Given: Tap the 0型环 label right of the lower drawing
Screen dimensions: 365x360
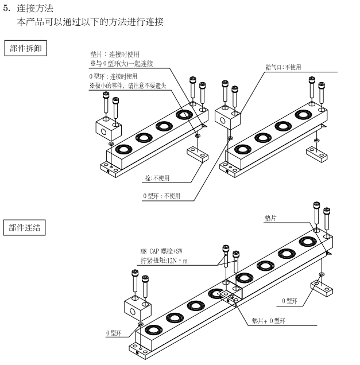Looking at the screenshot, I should click(289, 301).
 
